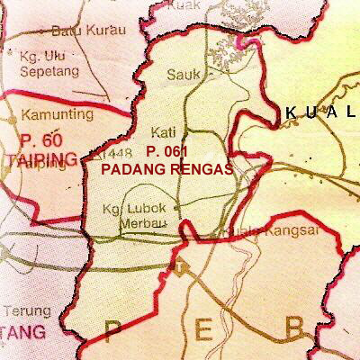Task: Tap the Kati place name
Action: [x=166, y=131]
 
